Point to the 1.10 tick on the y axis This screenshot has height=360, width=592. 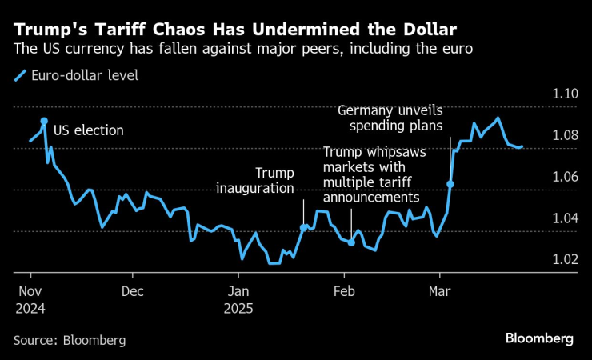[x=565, y=94]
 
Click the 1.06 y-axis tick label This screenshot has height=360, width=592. [x=565, y=177]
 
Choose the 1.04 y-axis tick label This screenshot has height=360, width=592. [x=565, y=218]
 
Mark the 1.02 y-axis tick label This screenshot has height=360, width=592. [x=565, y=259]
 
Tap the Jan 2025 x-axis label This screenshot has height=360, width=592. [x=239, y=298]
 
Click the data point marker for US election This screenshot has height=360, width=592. [x=44, y=120]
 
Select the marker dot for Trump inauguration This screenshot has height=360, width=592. [x=303, y=227]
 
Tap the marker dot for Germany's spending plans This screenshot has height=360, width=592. [x=450, y=184]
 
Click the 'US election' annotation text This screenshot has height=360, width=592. [x=88, y=130]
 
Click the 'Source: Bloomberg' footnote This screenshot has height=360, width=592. [x=70, y=340]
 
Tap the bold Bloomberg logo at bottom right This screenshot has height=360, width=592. [x=539, y=338]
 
